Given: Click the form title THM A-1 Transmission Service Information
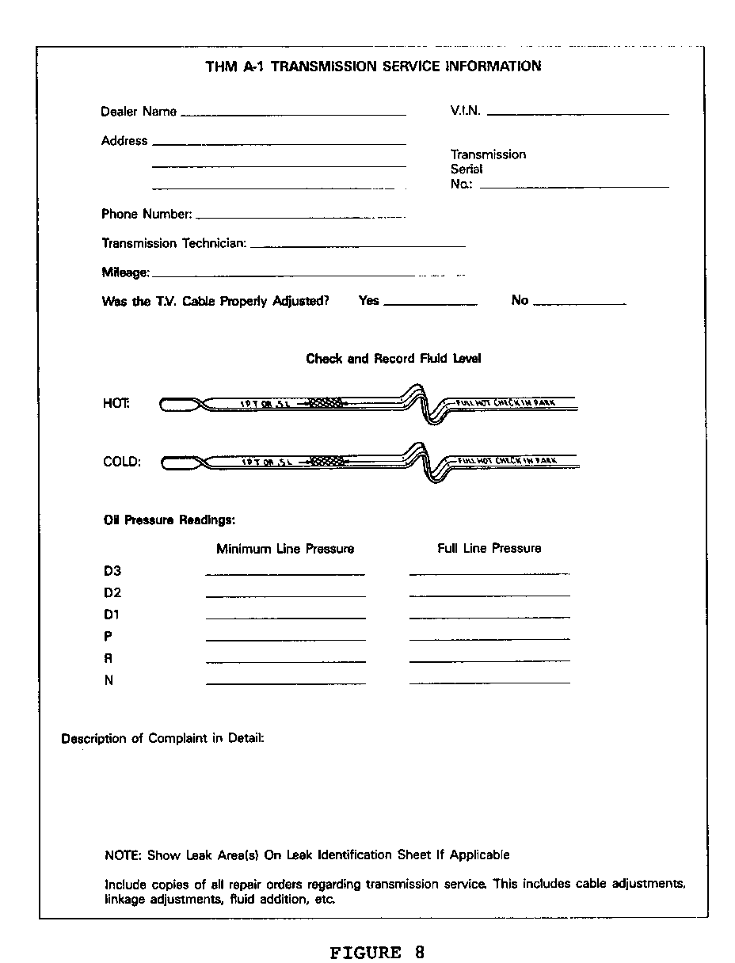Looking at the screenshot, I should tap(373, 67).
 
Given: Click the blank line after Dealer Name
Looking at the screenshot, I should tap(293, 114).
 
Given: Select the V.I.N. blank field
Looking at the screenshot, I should tap(577, 113).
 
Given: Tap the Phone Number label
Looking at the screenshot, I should tap(147, 214).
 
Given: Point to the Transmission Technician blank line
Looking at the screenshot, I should tap(357, 246).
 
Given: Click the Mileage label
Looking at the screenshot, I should tap(125, 272).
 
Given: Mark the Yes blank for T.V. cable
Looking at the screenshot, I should tap(429, 303).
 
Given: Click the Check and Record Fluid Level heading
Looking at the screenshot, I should tap(393, 359).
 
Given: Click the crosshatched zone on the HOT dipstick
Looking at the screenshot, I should tap(326, 402).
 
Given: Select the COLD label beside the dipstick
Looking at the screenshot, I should tap(122, 462).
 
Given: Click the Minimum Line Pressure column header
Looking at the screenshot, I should tap(285, 549).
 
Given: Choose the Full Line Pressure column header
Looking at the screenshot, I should tap(489, 548).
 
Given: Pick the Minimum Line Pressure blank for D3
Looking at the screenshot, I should tap(285, 573).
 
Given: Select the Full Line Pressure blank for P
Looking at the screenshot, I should tap(489, 638).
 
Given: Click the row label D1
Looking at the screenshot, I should tap(112, 615).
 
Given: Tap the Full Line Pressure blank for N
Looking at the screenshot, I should tap(489, 681).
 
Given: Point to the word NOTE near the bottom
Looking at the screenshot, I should tap(122, 855).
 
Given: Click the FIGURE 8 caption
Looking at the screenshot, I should tap(377, 952).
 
